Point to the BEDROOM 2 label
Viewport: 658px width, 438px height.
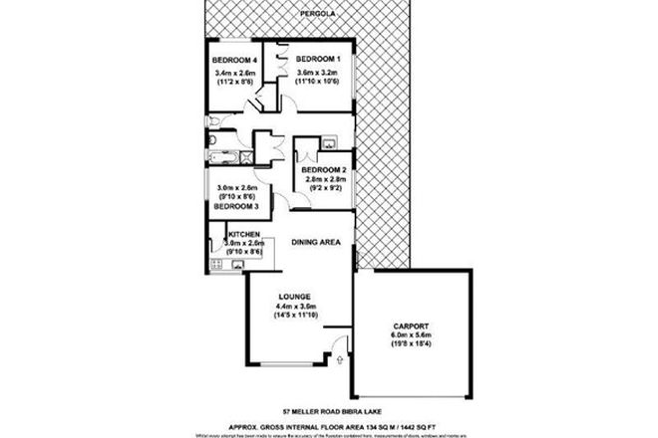324,170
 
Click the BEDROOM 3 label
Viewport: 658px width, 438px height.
238,206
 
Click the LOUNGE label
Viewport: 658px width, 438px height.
295,297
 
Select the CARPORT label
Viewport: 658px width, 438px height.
411,326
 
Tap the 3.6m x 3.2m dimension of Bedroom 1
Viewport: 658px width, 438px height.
317,73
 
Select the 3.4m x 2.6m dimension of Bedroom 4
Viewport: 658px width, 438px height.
235,73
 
